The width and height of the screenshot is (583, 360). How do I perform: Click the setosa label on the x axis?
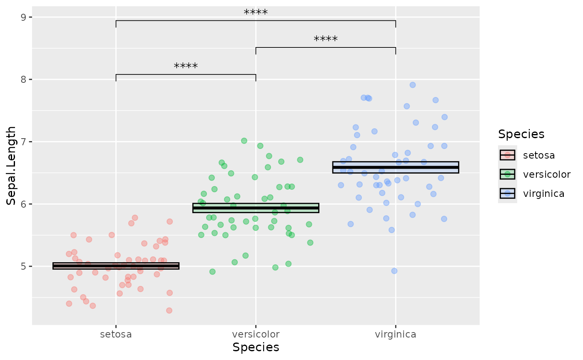(x=116, y=334)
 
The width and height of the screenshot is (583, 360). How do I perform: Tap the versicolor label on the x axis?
(x=256, y=334)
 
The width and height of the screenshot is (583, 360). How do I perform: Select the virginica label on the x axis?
(x=395, y=334)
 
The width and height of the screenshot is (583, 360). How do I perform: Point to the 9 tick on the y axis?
(x=23, y=17)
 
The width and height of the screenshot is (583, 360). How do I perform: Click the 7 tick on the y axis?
(x=23, y=142)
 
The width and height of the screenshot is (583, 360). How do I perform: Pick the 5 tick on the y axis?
(x=23, y=266)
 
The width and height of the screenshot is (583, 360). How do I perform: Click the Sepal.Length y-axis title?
(x=11, y=166)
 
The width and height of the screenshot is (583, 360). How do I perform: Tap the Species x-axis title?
(x=256, y=348)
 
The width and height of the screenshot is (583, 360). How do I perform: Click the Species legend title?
(x=521, y=134)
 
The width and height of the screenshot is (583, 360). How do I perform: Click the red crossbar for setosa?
(x=116, y=266)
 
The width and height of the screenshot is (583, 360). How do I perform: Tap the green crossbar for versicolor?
(x=256, y=208)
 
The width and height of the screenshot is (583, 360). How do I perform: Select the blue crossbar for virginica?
(x=395, y=167)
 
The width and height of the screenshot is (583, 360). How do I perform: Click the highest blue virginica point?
(x=413, y=85)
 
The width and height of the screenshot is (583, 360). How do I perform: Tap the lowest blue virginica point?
(x=394, y=271)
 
